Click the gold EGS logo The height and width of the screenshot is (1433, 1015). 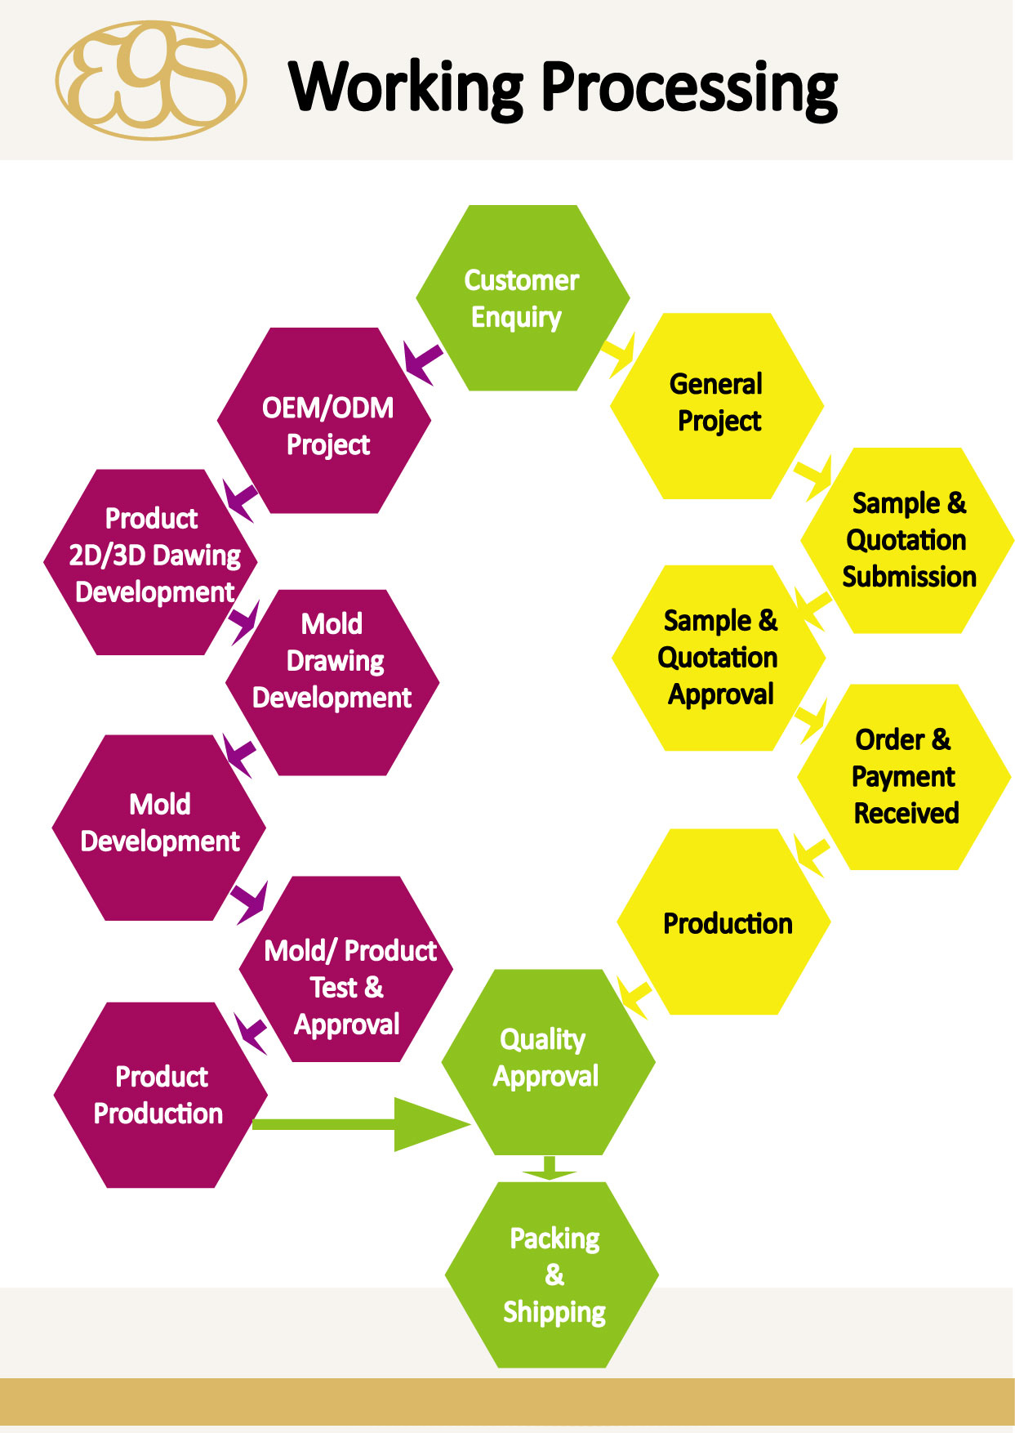151,80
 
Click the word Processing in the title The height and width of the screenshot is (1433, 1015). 690,87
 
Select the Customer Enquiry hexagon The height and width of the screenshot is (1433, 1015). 523,298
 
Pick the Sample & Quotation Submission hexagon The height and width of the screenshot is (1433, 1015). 907,540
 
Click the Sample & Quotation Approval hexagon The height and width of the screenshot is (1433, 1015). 718,658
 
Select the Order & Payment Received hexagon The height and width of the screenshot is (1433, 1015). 904,777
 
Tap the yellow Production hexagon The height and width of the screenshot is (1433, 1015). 724,922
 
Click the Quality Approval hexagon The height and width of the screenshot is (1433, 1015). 548,1061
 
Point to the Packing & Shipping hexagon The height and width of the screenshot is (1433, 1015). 552,1275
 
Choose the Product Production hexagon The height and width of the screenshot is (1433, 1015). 160,1095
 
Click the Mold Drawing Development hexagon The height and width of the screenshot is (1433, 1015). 332,682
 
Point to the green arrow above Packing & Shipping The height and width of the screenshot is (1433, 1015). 549,1168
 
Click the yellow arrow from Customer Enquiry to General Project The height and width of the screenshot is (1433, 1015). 619,355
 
